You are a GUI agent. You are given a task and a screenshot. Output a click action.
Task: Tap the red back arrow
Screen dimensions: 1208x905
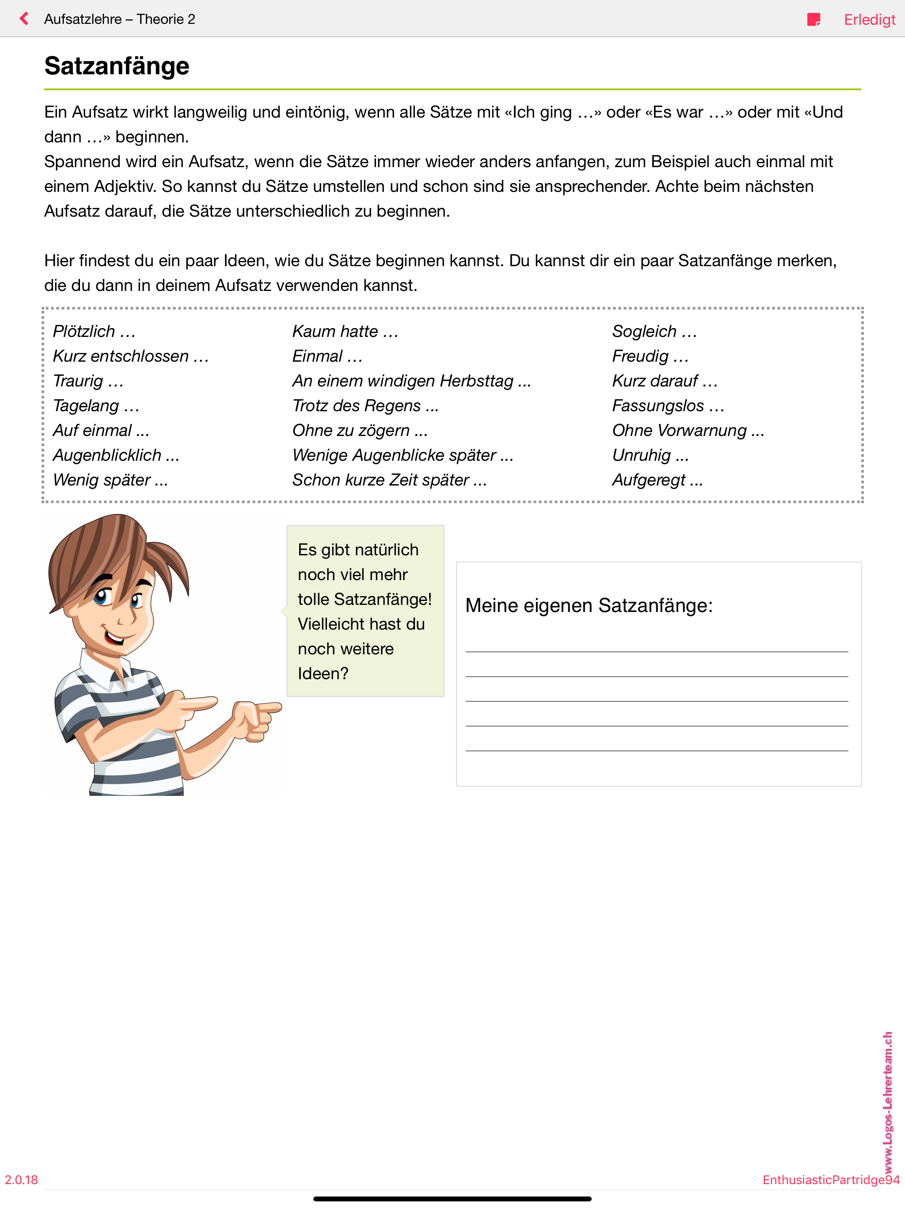point(24,19)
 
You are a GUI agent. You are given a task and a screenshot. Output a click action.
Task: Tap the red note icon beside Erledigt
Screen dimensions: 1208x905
point(813,19)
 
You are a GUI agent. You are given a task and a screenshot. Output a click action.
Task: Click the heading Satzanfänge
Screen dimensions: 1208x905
point(117,66)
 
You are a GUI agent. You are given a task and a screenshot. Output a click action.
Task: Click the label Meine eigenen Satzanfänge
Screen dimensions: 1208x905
point(589,606)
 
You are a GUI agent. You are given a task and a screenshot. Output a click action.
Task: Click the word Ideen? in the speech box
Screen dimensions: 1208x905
point(323,674)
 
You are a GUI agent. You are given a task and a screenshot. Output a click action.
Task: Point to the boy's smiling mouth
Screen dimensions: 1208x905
point(115,637)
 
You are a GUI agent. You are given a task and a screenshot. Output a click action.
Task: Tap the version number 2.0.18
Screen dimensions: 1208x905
point(21,1180)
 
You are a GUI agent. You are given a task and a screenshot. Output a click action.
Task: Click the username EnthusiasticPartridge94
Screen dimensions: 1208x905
point(830,1180)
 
